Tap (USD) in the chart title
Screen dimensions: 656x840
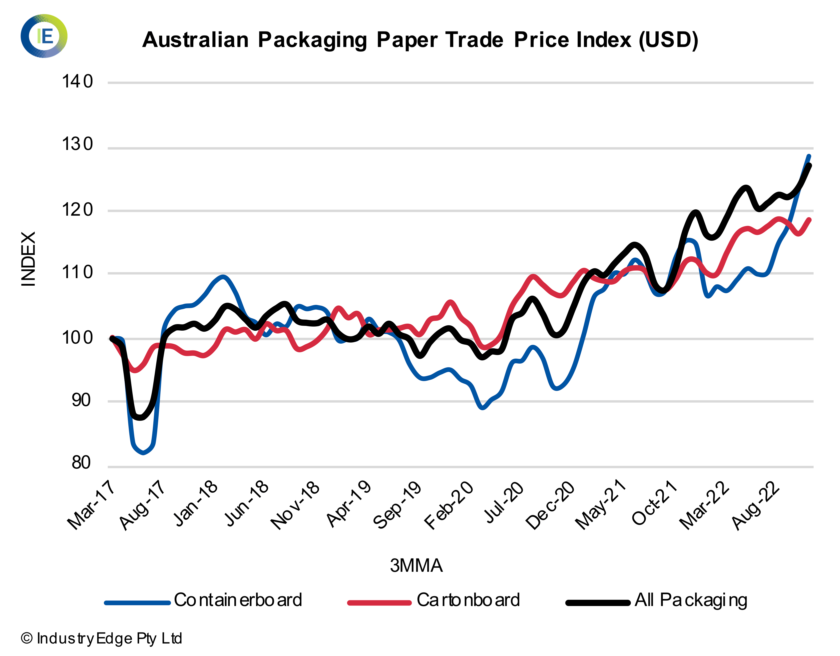coord(668,40)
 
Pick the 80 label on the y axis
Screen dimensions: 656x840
coord(81,463)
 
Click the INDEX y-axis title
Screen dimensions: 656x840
coord(28,259)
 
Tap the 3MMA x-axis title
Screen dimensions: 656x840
coord(416,566)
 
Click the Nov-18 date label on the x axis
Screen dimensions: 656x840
coord(295,505)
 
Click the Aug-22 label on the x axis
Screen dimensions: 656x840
coord(756,505)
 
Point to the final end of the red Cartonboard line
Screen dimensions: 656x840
coord(809,220)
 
